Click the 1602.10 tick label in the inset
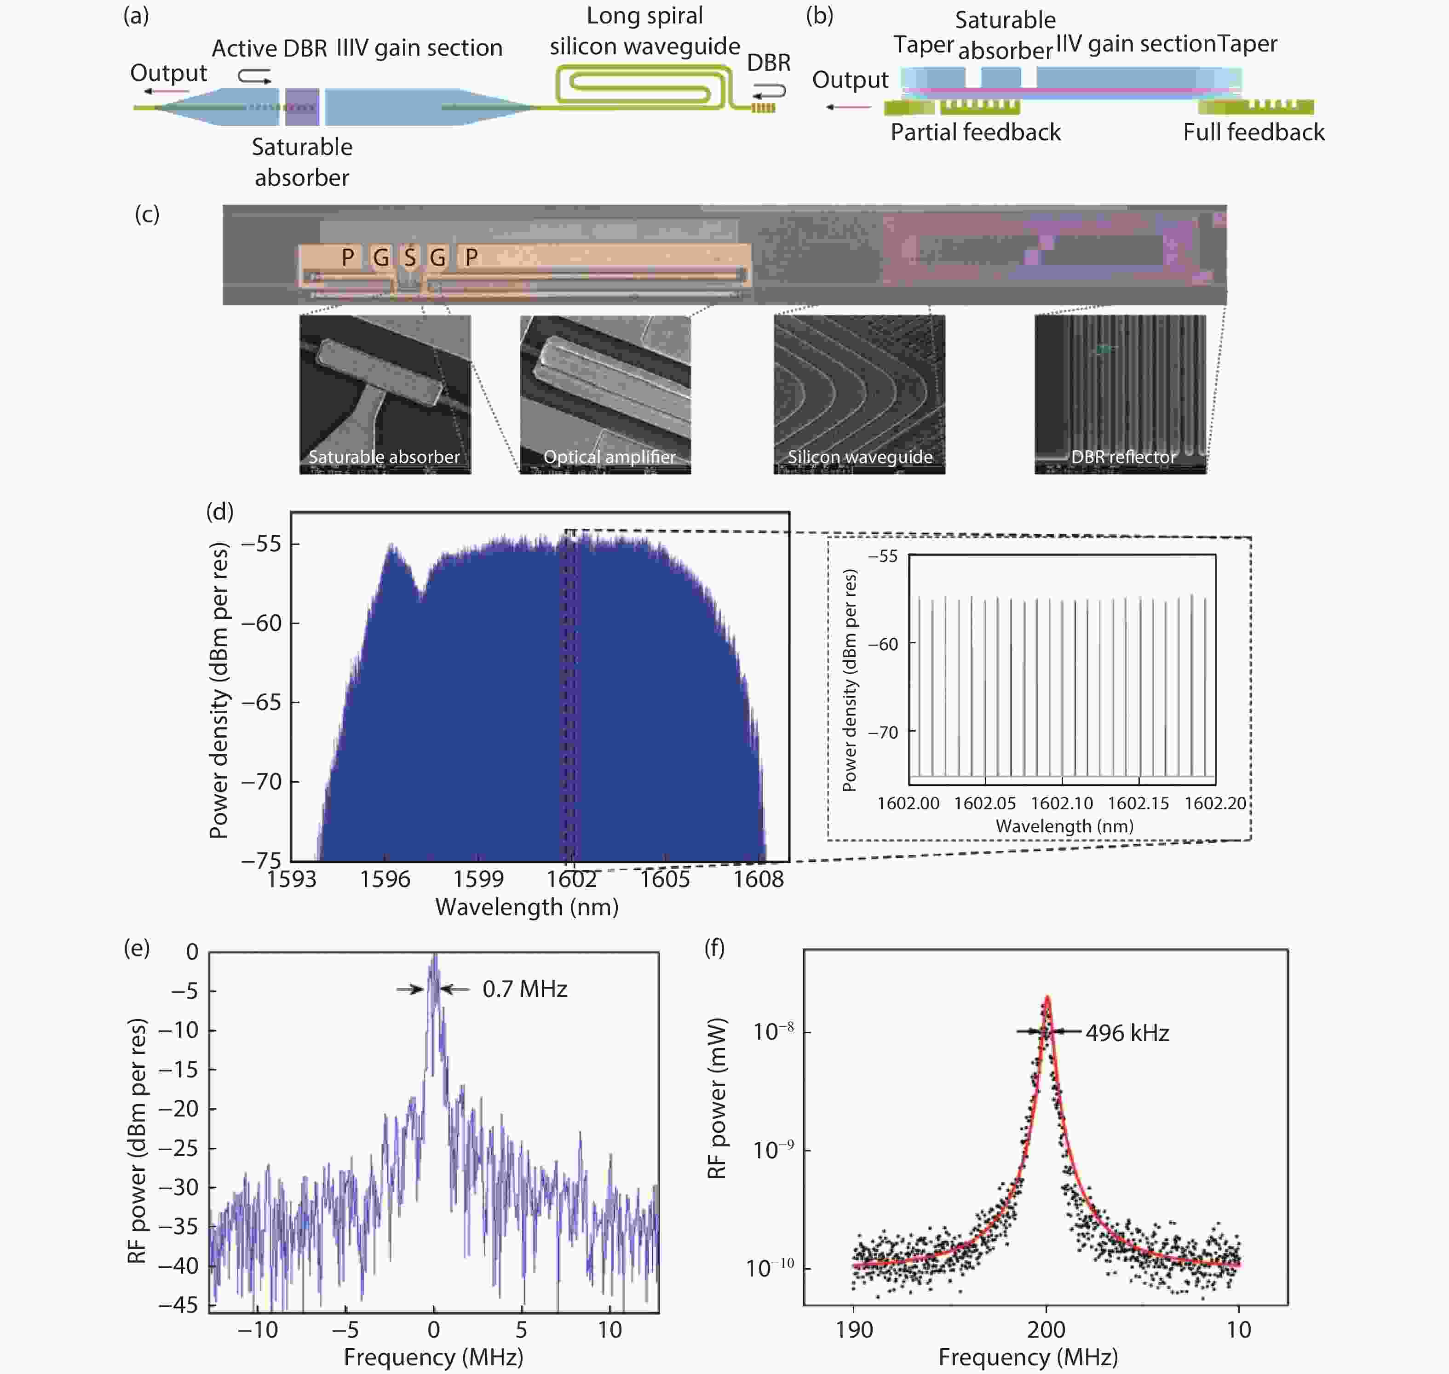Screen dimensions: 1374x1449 [x=1062, y=803]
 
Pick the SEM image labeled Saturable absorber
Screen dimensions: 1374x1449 [x=385, y=394]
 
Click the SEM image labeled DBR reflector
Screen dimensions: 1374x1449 [x=1120, y=394]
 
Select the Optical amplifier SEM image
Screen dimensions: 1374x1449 [x=605, y=394]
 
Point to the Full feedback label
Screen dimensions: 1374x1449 [x=1253, y=132]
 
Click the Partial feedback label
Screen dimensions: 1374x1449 [x=975, y=132]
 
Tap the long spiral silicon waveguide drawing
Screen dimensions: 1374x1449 [x=643, y=86]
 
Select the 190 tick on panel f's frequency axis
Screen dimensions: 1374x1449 [x=854, y=1329]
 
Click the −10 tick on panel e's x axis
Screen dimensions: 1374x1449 [x=258, y=1329]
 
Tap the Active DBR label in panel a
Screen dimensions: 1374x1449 [x=269, y=48]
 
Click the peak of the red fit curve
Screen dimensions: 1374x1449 [x=1047, y=997]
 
